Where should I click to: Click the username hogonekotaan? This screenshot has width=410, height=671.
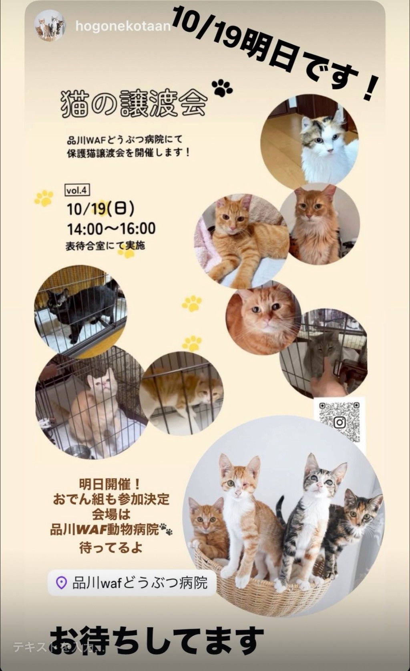123,27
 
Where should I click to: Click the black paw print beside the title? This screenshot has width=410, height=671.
222,87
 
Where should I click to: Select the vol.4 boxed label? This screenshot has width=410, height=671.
77,191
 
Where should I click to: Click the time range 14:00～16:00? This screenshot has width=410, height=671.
111,229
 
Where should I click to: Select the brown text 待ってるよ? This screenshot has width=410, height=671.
111,548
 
